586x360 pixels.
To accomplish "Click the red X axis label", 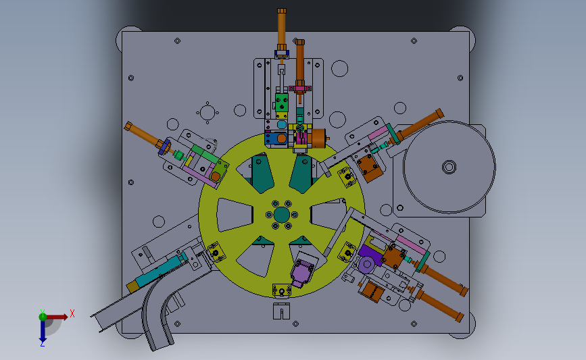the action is pos(72,313).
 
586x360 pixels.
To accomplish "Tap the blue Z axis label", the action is pos(42,344).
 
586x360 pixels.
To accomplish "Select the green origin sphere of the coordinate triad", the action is pos(43,317).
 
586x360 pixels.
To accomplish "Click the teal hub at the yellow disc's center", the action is pos(281,215).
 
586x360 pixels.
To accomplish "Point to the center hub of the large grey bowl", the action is pos(449,167).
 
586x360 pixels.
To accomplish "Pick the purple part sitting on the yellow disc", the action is pos(302,272).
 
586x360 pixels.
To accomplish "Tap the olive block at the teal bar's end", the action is pos(132,287).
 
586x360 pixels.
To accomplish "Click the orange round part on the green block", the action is pos(215,176).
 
